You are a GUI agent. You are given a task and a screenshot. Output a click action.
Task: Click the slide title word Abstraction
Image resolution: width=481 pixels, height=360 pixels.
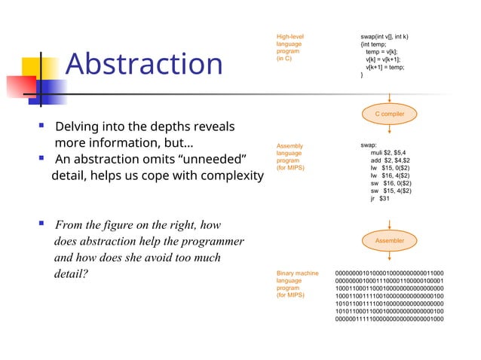[144, 64]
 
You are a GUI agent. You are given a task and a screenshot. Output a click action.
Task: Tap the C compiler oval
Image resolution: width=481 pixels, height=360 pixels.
[390, 113]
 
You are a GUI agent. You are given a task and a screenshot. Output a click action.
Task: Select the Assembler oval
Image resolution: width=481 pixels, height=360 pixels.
[390, 240]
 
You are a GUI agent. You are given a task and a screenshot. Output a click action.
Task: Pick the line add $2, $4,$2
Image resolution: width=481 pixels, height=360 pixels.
[390, 160]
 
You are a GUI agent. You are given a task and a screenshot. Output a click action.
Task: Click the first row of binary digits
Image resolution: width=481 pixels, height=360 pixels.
[389, 273]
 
